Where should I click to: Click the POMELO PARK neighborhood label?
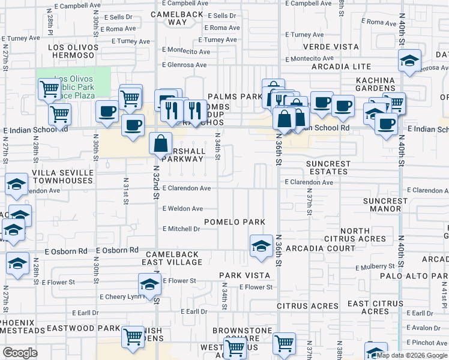[234, 222]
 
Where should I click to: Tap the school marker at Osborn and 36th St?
[261, 247]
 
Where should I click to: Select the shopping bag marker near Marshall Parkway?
[160, 144]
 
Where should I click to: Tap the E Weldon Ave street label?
[182, 209]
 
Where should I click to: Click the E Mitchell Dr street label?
[181, 229]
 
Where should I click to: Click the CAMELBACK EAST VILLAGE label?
[170, 258]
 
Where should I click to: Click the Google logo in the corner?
[20, 353]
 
